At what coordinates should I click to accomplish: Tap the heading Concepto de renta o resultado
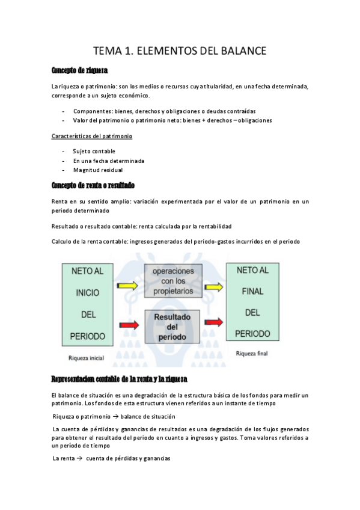(x=93, y=185)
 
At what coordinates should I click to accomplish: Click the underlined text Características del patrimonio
(x=91, y=136)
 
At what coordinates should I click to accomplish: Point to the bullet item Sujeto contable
(x=94, y=151)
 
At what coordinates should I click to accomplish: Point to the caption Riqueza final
(x=252, y=354)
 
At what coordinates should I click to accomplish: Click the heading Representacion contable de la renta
(x=120, y=379)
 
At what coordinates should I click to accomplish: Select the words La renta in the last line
(x=63, y=458)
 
